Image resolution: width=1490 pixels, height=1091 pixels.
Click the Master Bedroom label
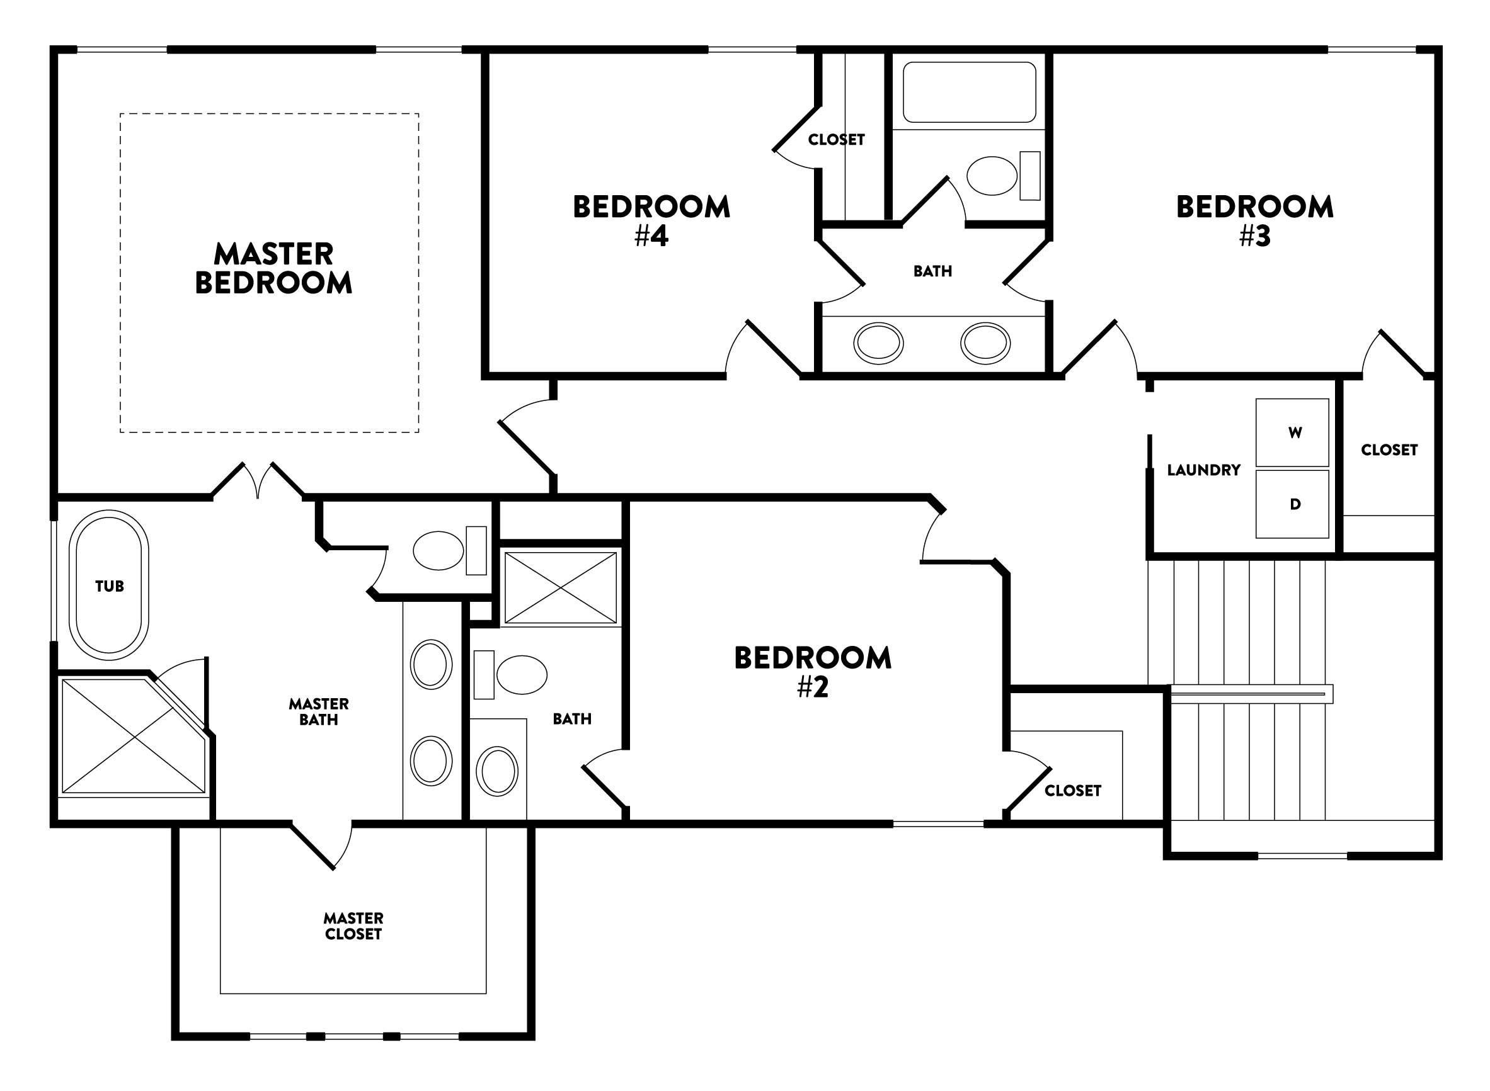click(x=273, y=268)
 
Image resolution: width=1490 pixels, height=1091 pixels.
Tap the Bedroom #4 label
click(x=651, y=220)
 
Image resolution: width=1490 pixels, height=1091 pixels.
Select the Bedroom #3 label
click(x=1254, y=220)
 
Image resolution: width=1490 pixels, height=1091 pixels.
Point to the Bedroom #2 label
click(x=812, y=672)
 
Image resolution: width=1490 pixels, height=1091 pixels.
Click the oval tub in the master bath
click(x=109, y=585)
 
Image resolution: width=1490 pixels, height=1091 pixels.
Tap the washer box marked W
click(x=1292, y=432)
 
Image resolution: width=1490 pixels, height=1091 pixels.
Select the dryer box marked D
click(x=1292, y=504)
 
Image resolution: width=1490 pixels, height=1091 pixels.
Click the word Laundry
click(x=1203, y=470)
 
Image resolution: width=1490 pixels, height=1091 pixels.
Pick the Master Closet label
click(x=353, y=925)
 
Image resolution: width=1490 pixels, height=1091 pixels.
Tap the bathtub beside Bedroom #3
click(x=969, y=93)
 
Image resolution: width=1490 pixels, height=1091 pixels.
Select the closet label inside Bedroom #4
click(x=836, y=139)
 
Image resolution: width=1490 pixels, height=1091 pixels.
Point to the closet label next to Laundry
click(x=1389, y=449)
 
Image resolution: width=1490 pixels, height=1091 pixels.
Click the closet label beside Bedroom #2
click(x=1072, y=791)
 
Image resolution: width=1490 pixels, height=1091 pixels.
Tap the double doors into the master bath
click(x=258, y=480)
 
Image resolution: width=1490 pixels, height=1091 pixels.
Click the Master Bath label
click(x=319, y=711)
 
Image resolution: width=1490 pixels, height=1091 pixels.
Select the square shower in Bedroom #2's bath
click(x=560, y=588)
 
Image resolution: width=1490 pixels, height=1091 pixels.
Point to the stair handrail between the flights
click(x=1251, y=693)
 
